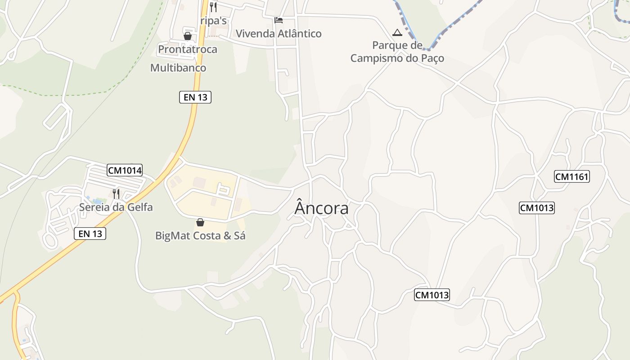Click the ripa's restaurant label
(x=214, y=21)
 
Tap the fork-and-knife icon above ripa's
(x=213, y=7)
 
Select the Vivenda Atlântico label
(x=279, y=34)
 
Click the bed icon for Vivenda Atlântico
(x=279, y=20)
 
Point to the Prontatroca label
(x=188, y=49)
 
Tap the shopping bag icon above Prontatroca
(x=188, y=36)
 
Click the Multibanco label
(x=178, y=68)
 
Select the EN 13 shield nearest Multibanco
(x=195, y=97)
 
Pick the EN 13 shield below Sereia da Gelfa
(x=90, y=234)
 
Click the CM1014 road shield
(x=125, y=170)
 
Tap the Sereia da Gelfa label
(x=116, y=207)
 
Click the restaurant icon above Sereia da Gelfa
(x=116, y=194)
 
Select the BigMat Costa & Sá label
(x=200, y=235)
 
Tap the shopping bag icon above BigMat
(x=200, y=222)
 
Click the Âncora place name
(x=321, y=208)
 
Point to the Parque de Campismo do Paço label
(x=397, y=52)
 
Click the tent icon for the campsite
(x=397, y=32)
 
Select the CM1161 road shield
(x=572, y=176)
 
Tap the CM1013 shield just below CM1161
(x=537, y=208)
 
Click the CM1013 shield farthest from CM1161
(x=432, y=295)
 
